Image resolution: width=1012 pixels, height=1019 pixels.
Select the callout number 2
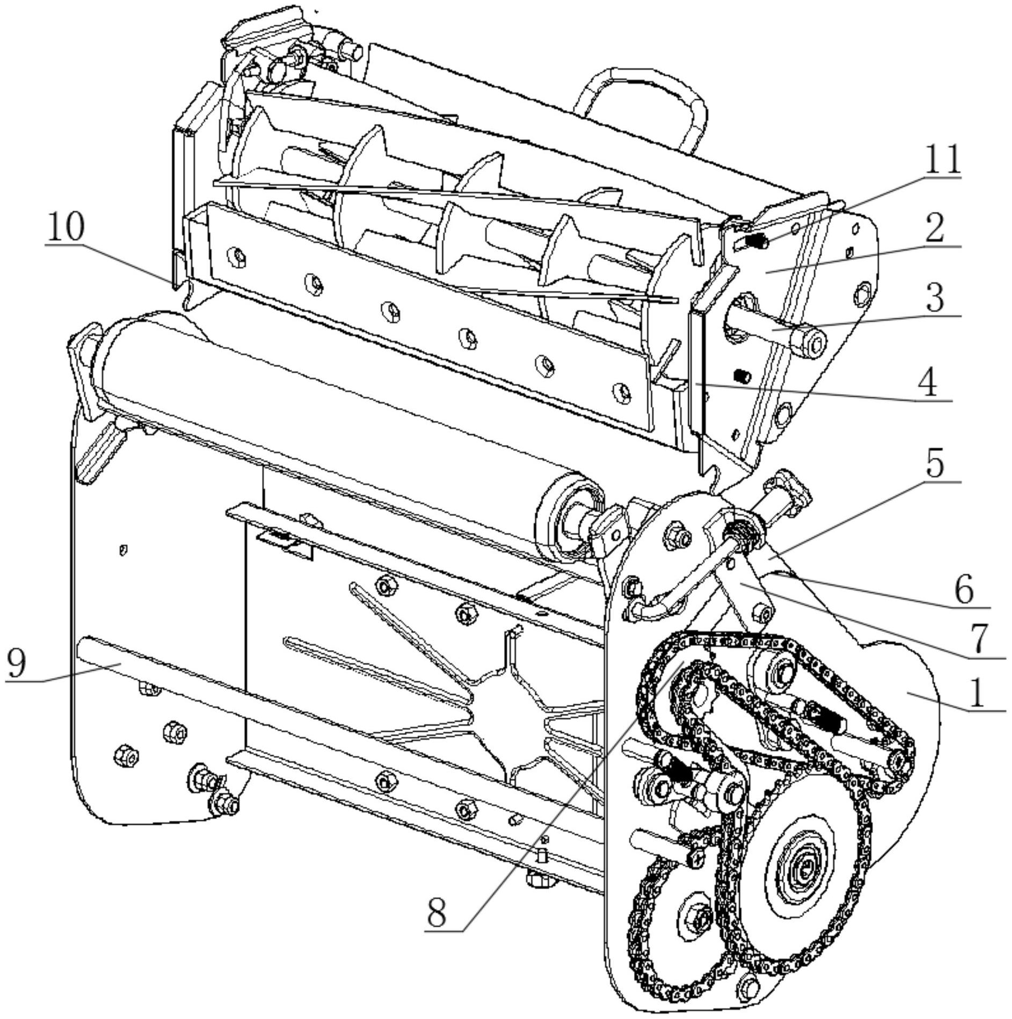coord(935,228)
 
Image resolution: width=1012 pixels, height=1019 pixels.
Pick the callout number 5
coord(935,464)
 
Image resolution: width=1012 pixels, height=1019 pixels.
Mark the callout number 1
coord(978,693)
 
